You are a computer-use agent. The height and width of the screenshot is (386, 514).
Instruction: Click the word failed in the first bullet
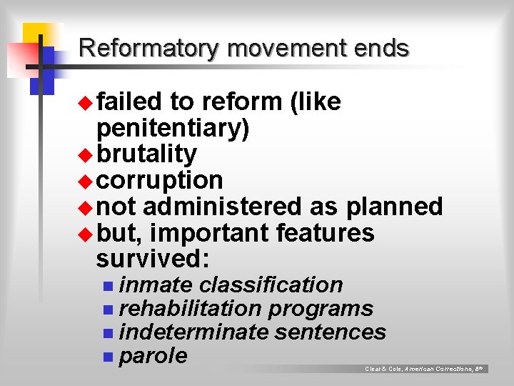pos(129,102)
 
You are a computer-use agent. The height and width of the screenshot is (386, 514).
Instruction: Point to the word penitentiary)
pos(173,129)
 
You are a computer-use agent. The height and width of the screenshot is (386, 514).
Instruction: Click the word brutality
pos(146,154)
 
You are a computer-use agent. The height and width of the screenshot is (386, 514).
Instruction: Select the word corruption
pos(159,179)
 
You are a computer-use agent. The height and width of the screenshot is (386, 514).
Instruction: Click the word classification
pos(271,284)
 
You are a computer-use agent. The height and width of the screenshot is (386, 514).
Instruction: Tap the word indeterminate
pos(193,332)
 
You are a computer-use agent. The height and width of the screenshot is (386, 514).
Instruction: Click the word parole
pos(153,356)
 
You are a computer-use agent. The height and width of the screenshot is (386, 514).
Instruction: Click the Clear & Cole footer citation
pos(424,369)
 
